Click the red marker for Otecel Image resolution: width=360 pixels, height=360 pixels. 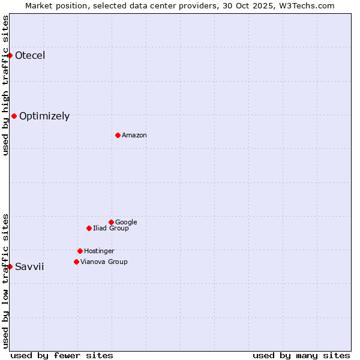tap(10, 55)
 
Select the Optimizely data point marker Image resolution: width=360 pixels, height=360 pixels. tap(14, 116)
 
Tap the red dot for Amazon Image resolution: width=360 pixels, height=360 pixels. tap(118, 135)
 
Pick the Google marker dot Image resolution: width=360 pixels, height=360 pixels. tap(111, 222)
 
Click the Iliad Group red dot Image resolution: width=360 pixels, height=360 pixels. tap(89, 228)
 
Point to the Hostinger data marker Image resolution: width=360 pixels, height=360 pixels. tap(80, 251)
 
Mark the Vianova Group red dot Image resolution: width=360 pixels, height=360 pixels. tap(76, 262)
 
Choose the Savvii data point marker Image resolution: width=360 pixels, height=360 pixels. tap(10, 266)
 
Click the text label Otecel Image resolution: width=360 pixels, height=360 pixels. tap(30, 56)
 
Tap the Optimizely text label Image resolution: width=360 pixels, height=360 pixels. tap(44, 116)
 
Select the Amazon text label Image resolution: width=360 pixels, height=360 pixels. tap(134, 136)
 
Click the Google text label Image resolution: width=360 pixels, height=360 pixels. tap(126, 223)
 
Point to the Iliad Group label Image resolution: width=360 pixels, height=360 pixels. tap(111, 229)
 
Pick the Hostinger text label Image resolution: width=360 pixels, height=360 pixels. tap(99, 251)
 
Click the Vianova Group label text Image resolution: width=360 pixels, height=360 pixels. tap(104, 262)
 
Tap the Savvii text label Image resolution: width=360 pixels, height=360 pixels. tap(29, 267)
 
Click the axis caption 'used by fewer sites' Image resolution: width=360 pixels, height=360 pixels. tap(62, 355)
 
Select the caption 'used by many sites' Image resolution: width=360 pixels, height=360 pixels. tap(301, 355)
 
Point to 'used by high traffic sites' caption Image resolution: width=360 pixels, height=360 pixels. tap(5, 85)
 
